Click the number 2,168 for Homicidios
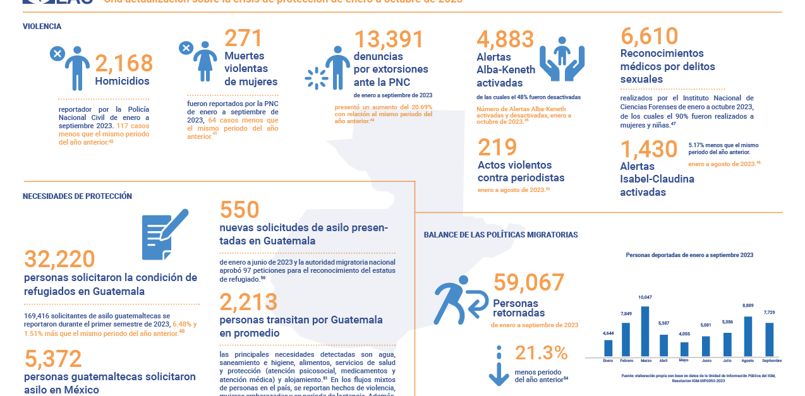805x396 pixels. (124, 63)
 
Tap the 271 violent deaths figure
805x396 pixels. (243, 39)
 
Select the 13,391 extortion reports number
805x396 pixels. (389, 40)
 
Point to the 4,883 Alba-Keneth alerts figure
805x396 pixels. (505, 40)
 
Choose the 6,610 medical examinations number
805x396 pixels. (649, 37)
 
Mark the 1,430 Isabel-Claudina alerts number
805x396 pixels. (649, 150)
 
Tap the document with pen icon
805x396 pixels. (164, 234)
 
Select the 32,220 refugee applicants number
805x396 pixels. (59, 260)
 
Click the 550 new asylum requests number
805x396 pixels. (239, 210)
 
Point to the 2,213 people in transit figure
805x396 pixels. (248, 302)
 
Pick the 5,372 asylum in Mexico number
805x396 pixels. (53, 359)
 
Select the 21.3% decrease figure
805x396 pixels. (541, 353)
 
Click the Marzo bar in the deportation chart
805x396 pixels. (645, 331)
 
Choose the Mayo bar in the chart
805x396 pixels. (684, 349)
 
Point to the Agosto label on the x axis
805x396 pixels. (748, 361)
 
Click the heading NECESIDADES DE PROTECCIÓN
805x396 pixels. (77, 196)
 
